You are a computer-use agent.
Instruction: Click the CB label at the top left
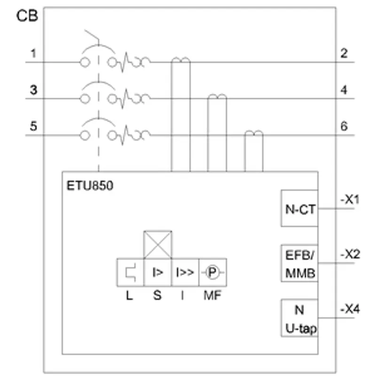[27, 16]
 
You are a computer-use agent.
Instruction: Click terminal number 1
[33, 53]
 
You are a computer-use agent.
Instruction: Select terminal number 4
[344, 90]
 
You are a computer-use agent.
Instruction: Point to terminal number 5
[33, 126]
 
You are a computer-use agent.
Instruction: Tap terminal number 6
[344, 126]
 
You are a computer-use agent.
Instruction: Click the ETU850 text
[90, 186]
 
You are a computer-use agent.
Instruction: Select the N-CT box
[299, 208]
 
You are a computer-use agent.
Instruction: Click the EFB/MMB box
[299, 263]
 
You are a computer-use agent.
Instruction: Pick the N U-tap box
[299, 318]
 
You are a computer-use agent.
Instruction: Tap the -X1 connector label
[350, 199]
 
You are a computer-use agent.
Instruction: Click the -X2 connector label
[350, 254]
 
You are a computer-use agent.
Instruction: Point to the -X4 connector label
[350, 309]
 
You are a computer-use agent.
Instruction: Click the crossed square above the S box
[157, 245]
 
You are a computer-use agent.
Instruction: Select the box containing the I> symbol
[157, 273]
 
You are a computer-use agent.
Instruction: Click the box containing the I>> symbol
[185, 273]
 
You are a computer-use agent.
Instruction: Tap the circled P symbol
[212, 273]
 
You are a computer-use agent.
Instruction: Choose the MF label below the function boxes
[212, 295]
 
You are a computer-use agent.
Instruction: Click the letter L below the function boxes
[130, 296]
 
